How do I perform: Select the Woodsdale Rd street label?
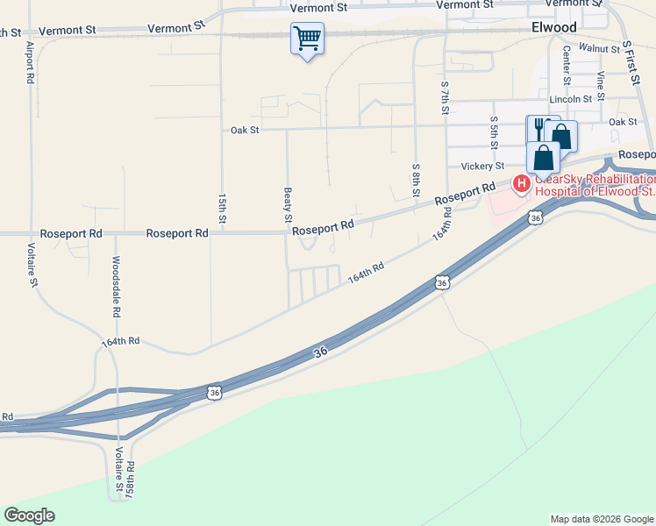[115, 287]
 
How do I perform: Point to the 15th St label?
[222, 210]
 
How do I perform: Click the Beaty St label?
[287, 204]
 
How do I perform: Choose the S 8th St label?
[416, 180]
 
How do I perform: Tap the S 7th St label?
[445, 99]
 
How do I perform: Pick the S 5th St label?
[495, 131]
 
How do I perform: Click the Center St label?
[567, 66]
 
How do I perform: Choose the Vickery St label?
[482, 166]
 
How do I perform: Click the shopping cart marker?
[307, 39]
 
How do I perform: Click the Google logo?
[30, 515]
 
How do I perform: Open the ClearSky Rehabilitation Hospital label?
[596, 184]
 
